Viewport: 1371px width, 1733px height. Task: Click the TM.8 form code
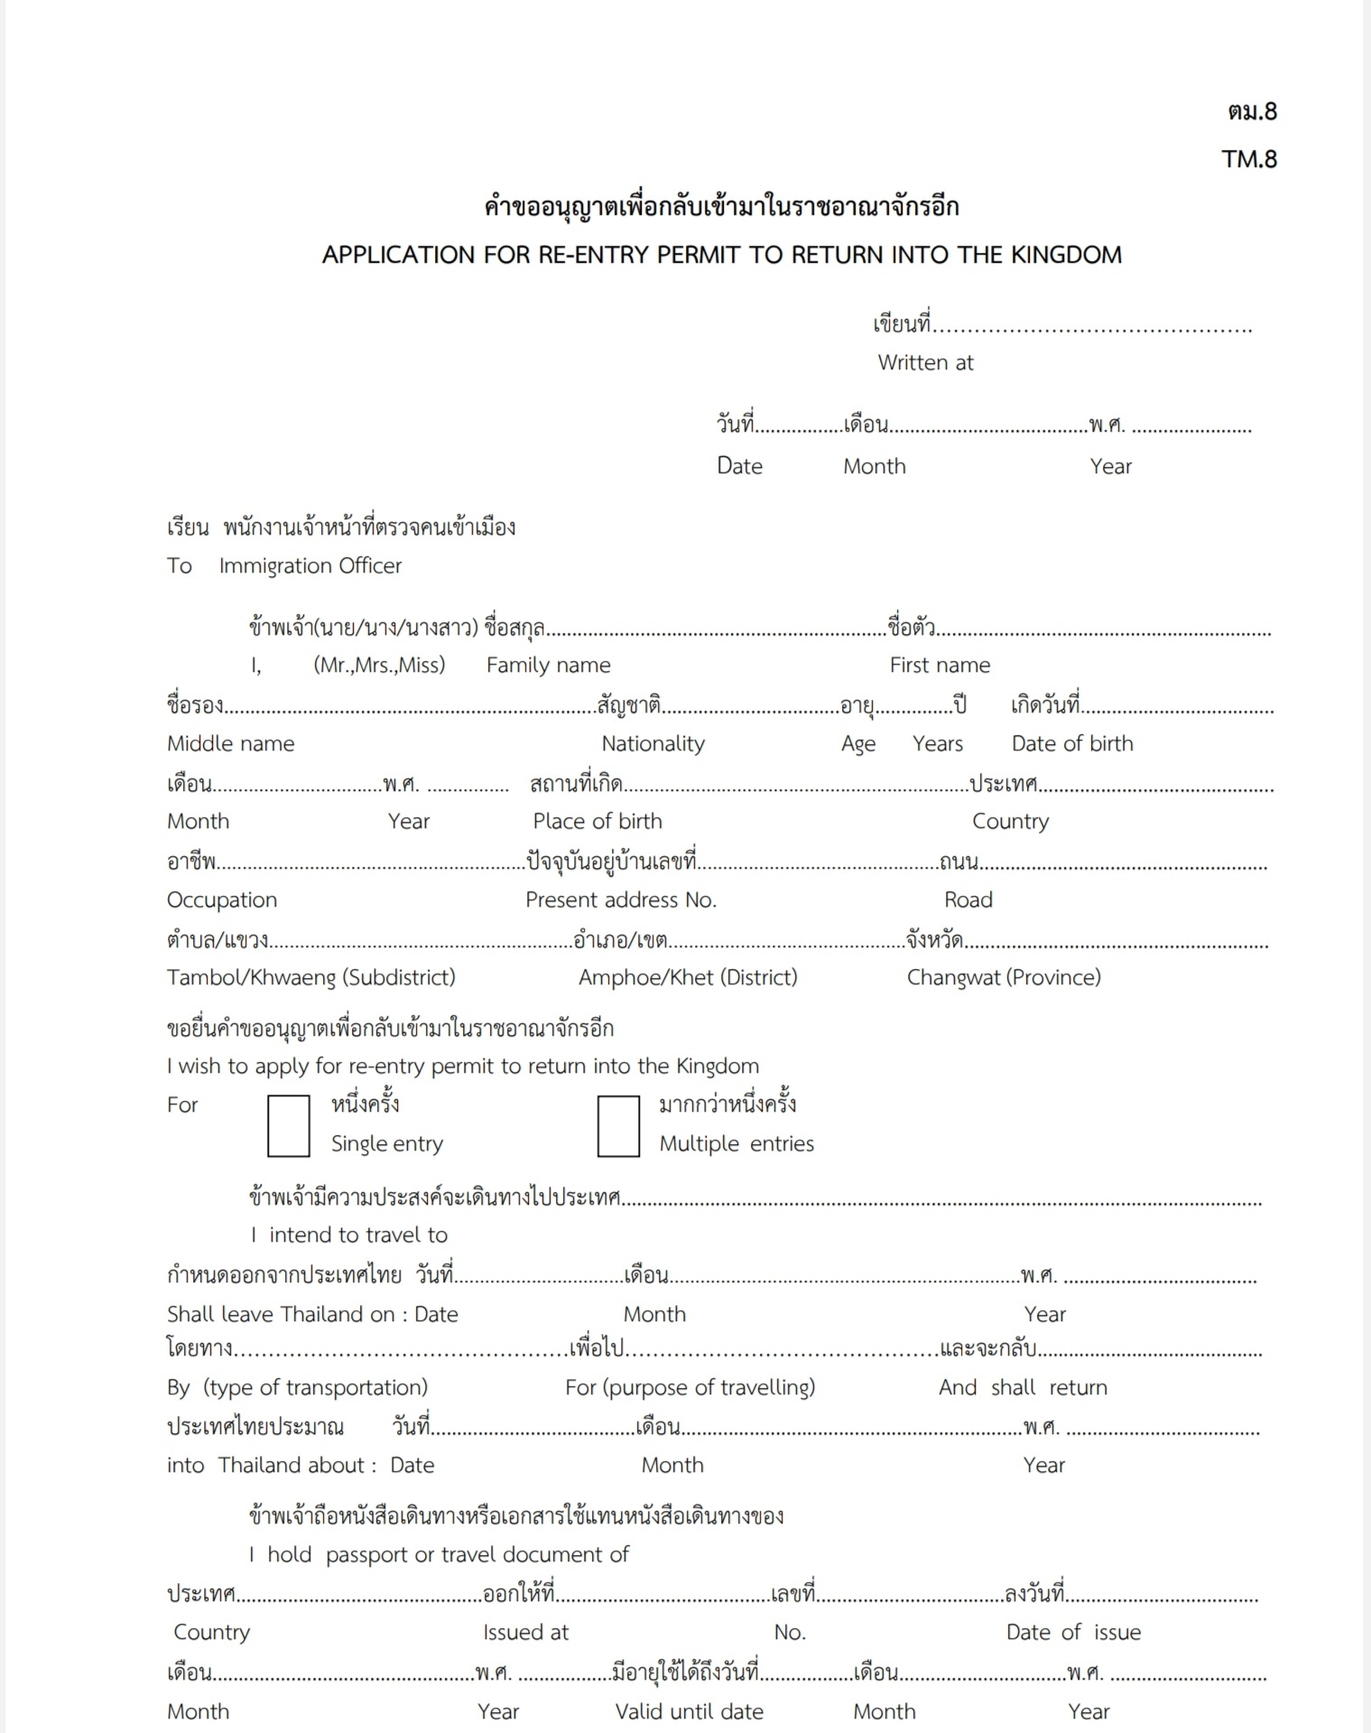pyautogui.click(x=1249, y=159)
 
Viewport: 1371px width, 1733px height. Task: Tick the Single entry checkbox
pyautogui.click(x=289, y=1125)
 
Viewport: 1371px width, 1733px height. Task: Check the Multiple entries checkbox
pyautogui.click(x=618, y=1125)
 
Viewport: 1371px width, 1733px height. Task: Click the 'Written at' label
pyautogui.click(x=925, y=363)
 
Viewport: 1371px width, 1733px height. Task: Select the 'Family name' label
pyautogui.click(x=548, y=666)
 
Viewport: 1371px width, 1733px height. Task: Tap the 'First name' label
pyautogui.click(x=940, y=666)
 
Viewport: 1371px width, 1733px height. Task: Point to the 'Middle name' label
pyautogui.click(x=230, y=744)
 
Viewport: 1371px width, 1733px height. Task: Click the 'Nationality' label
pyautogui.click(x=653, y=744)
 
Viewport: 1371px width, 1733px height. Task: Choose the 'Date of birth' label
pyautogui.click(x=1071, y=744)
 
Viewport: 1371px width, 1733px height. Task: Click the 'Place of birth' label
pyautogui.click(x=597, y=822)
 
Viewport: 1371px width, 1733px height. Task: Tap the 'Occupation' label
pyautogui.click(x=222, y=900)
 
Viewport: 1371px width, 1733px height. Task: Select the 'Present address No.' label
pyautogui.click(x=621, y=900)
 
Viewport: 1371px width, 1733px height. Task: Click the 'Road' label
pyautogui.click(x=968, y=900)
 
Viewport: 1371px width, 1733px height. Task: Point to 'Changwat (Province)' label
pyautogui.click(x=1004, y=978)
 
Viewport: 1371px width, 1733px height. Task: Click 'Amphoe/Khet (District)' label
pyautogui.click(x=688, y=978)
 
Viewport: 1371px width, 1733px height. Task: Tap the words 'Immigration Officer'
pyautogui.click(x=310, y=566)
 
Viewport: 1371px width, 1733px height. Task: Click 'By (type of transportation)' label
pyautogui.click(x=297, y=1388)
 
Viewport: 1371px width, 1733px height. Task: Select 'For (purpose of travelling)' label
pyautogui.click(x=690, y=1388)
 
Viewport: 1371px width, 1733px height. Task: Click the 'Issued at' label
pyautogui.click(x=525, y=1633)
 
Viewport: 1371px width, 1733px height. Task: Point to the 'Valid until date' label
pyautogui.click(x=689, y=1712)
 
